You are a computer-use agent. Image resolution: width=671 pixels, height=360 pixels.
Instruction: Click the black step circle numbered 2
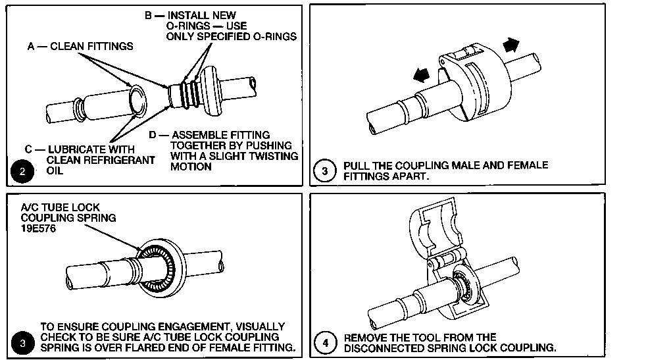click(x=24, y=174)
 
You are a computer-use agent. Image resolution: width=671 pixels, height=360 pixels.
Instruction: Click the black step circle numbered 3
click(x=24, y=342)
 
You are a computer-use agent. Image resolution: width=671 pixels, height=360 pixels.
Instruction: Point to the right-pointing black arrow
click(x=510, y=45)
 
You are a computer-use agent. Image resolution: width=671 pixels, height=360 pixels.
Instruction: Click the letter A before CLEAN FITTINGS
click(x=30, y=46)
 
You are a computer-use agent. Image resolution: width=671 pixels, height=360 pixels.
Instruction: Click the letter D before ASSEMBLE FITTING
click(x=153, y=135)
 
